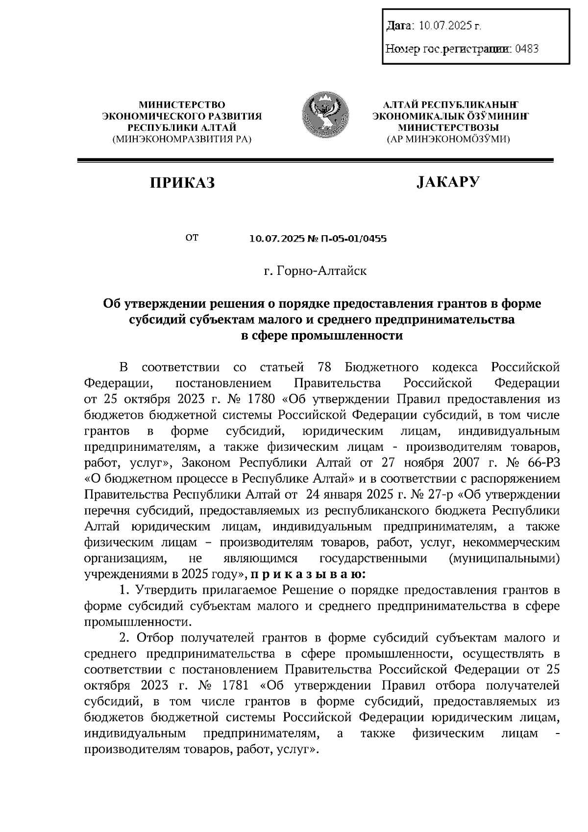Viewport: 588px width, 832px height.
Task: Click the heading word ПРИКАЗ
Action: click(x=182, y=183)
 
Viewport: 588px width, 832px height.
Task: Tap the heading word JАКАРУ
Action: click(x=448, y=182)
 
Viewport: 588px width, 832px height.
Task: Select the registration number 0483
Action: click(x=527, y=49)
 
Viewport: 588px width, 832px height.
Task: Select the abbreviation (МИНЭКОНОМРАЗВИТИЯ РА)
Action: click(x=182, y=140)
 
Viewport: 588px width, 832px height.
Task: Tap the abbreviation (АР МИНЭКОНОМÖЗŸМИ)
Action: click(x=448, y=140)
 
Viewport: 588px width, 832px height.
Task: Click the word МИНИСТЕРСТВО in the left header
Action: click(x=182, y=104)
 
